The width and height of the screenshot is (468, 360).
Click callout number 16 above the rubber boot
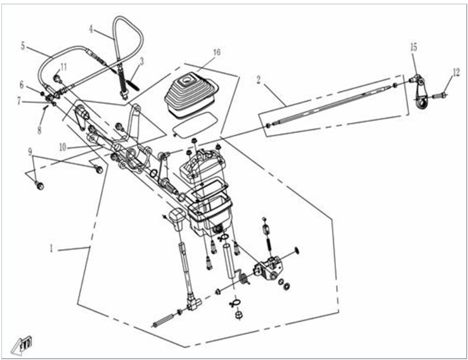pyautogui.click(x=217, y=52)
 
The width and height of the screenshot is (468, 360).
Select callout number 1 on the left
pyautogui.click(x=52, y=249)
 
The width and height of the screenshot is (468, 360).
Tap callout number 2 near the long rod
pyautogui.click(x=259, y=79)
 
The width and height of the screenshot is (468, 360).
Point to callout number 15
pyautogui.click(x=413, y=47)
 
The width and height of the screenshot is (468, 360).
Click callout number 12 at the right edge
pyautogui.click(x=456, y=72)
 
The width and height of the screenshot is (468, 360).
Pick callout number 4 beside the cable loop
pyautogui.click(x=91, y=29)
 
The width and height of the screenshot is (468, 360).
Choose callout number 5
pyautogui.click(x=23, y=47)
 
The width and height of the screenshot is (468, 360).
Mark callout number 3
pyautogui.click(x=142, y=61)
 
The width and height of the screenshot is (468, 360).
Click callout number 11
pyautogui.click(x=63, y=67)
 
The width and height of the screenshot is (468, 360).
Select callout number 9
pyautogui.click(x=30, y=152)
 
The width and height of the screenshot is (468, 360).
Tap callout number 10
pyautogui.click(x=63, y=147)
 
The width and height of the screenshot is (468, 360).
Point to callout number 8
pyautogui.click(x=39, y=130)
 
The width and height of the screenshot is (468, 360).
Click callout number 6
pyautogui.click(x=21, y=85)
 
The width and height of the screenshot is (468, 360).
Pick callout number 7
pyautogui.click(x=19, y=101)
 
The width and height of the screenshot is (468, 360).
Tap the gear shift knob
pyautogui.click(x=177, y=219)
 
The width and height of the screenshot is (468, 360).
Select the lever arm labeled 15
pyautogui.click(x=421, y=92)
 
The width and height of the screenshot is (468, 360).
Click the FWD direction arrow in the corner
pyautogui.click(x=22, y=346)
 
